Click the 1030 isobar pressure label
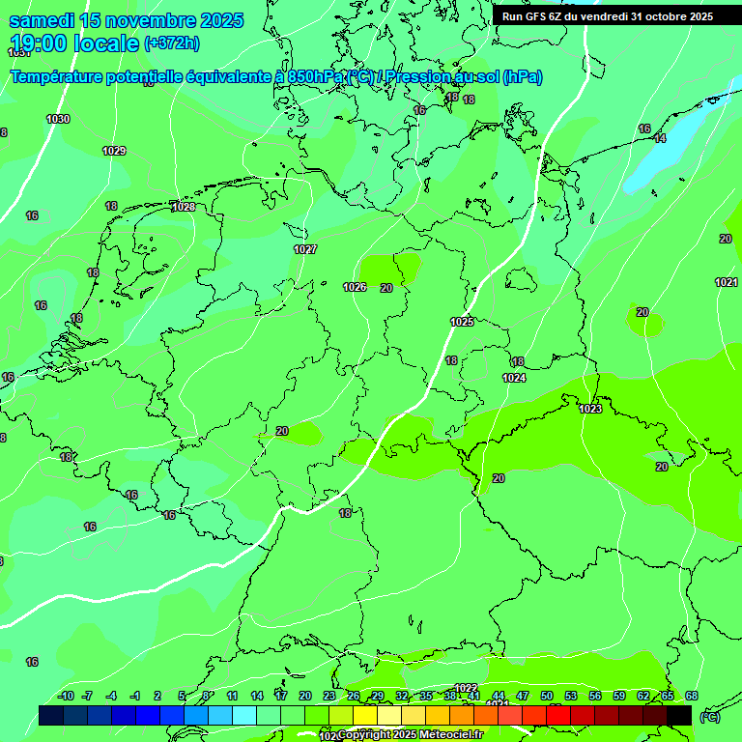click(58, 119)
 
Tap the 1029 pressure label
click(114, 151)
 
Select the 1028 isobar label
click(183, 207)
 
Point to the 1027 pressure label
click(305, 249)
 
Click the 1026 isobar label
click(355, 287)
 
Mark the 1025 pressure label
click(462, 322)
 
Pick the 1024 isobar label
click(514, 378)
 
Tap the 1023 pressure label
click(591, 409)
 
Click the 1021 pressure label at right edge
click(727, 282)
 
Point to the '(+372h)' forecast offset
click(172, 43)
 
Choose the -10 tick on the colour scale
click(66, 696)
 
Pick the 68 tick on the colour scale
click(692, 696)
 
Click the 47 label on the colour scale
click(523, 696)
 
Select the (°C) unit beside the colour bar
click(710, 716)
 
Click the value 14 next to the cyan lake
click(660, 138)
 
